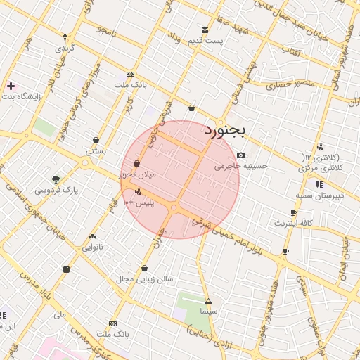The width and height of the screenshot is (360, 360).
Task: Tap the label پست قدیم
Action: pyautogui.click(x=205, y=40)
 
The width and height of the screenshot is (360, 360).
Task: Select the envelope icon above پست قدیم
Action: pyautogui.click(x=205, y=30)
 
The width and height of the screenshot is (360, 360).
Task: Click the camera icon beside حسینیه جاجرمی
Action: pyautogui.click(x=241, y=155)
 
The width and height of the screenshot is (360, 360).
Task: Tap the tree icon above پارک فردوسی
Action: pyautogui.click(x=56, y=179)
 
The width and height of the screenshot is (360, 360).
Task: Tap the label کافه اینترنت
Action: pyautogui.click(x=293, y=223)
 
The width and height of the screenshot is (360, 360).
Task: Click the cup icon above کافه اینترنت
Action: pyautogui.click(x=293, y=212)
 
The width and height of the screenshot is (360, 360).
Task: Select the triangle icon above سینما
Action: pyautogui.click(x=207, y=301)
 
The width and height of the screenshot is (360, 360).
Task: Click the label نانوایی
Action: pyautogui.click(x=93, y=247)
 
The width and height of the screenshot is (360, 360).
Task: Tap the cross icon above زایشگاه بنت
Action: pyautogui.click(x=10, y=86)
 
